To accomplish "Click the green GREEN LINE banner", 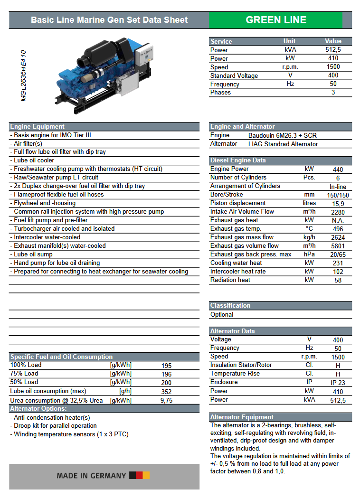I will [x=275, y=20].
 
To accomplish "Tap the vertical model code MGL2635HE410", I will [x=23, y=76].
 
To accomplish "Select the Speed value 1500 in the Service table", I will [x=333, y=67].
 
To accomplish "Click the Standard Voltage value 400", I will [x=333, y=75].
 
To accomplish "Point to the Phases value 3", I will [x=333, y=93].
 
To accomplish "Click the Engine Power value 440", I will [x=338, y=169].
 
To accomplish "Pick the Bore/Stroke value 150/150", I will [x=338, y=195].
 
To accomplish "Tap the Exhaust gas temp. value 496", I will [x=338, y=229].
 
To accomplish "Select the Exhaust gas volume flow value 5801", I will [x=338, y=246].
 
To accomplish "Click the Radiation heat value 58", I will [x=338, y=280].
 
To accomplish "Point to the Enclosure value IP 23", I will [x=338, y=383].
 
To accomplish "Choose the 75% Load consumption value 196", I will [x=166, y=374].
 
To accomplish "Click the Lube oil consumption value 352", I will [x=166, y=392].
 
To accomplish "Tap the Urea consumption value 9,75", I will [x=166, y=400].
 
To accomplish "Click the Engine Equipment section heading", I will [x=38, y=127].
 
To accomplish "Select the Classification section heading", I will [x=230, y=306].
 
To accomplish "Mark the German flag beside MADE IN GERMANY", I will [x=139, y=475].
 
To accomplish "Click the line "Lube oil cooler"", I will [x=34, y=160].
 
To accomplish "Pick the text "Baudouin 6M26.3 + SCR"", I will [x=283, y=135].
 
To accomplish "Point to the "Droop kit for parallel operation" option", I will [x=55, y=426].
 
